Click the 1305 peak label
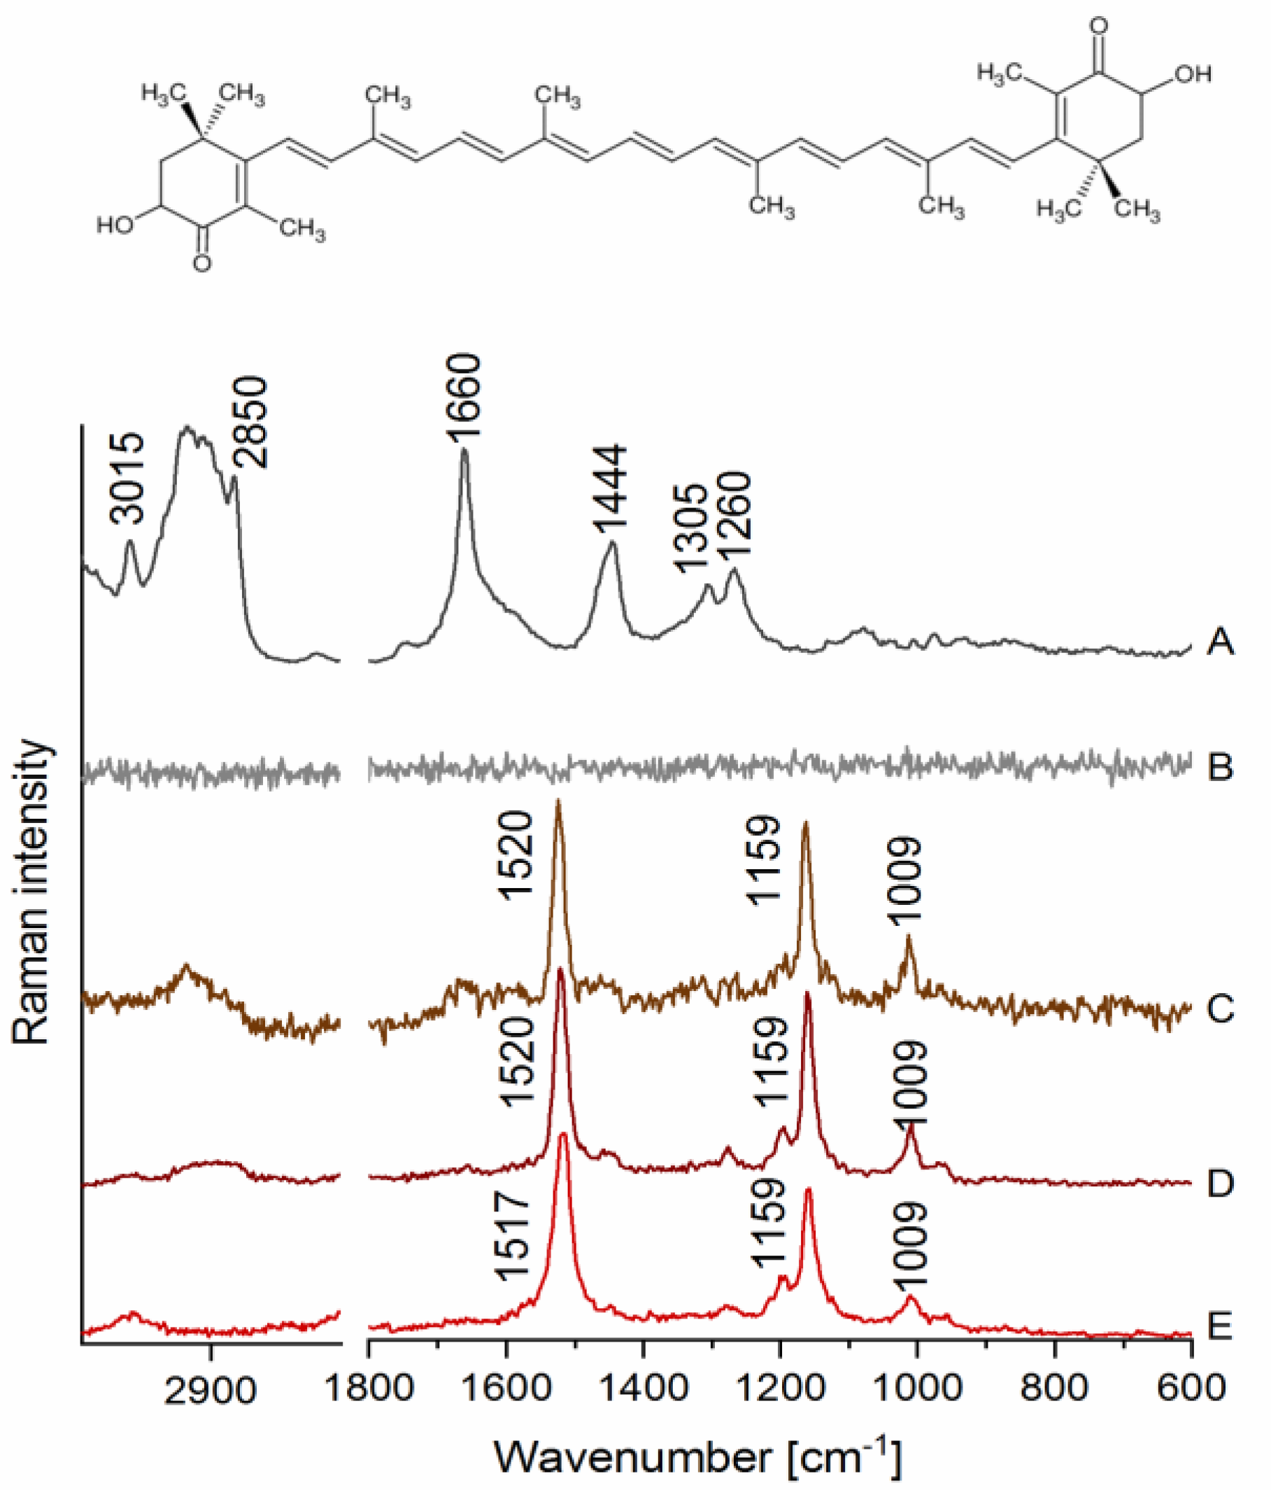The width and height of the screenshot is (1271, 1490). pyautogui.click(x=692, y=528)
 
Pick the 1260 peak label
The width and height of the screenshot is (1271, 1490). pyautogui.click(x=733, y=514)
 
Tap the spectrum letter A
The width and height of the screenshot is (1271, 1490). pyautogui.click(x=1220, y=642)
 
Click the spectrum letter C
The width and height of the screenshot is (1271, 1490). pyautogui.click(x=1220, y=1009)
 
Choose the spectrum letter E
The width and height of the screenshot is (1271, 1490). pyautogui.click(x=1220, y=1326)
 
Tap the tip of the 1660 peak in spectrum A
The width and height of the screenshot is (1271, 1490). pyautogui.click(x=464, y=450)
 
